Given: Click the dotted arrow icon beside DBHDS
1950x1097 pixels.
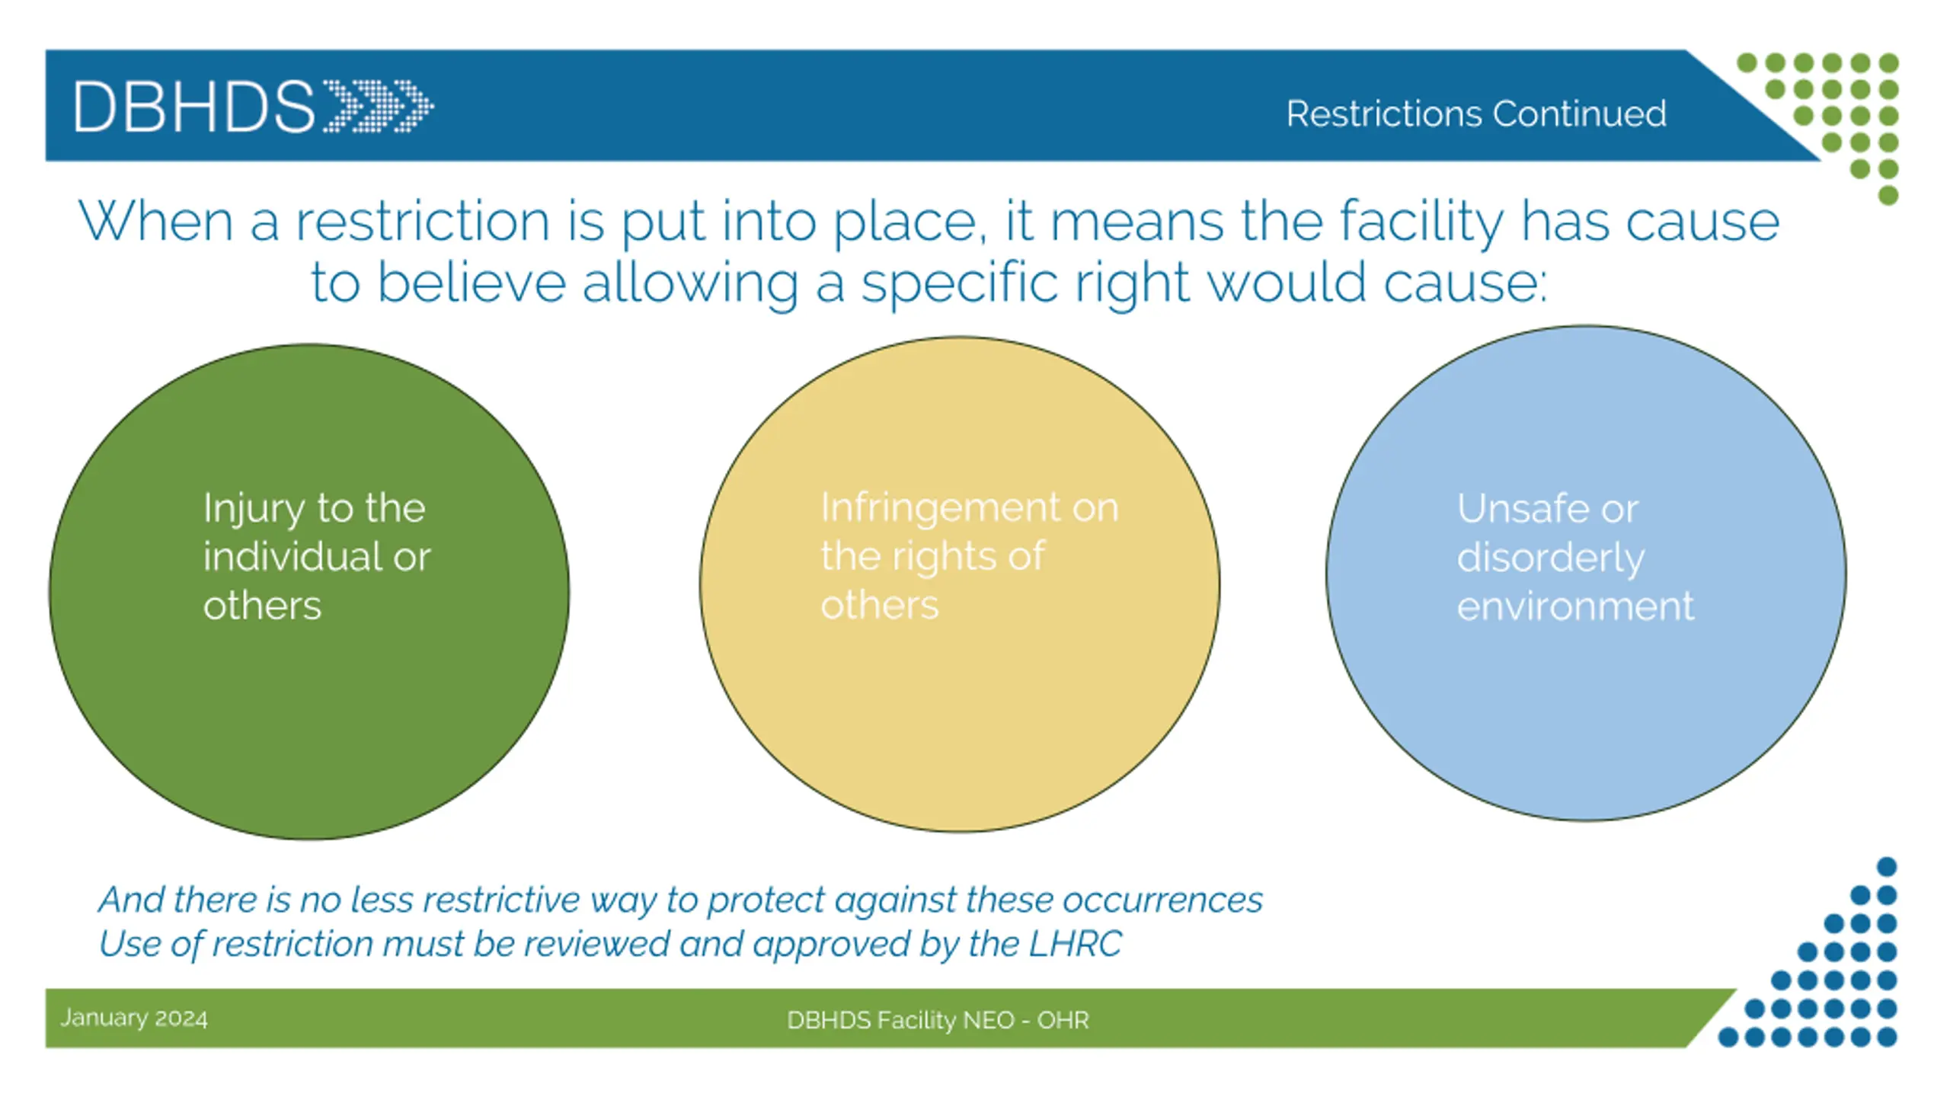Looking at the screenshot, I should pyautogui.click(x=379, y=106).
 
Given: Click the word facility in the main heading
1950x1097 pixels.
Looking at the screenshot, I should pyautogui.click(x=1421, y=222).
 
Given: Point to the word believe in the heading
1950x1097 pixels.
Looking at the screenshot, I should pyautogui.click(x=472, y=283).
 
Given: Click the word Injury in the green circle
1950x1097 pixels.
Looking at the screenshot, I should pyautogui.click(x=253, y=509).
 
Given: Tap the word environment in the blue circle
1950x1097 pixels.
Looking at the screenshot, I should pyautogui.click(x=1575, y=607).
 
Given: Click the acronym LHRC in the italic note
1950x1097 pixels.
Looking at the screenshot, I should pyautogui.click(x=1075, y=945).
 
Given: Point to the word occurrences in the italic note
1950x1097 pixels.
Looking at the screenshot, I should pyautogui.click(x=1163, y=900).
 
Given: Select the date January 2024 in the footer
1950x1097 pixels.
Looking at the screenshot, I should pyautogui.click(x=134, y=1019).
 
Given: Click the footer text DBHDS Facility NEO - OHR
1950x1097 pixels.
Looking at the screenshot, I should pyautogui.click(x=938, y=1020).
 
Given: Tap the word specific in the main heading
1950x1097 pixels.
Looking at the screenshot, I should pyautogui.click(x=960, y=283).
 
